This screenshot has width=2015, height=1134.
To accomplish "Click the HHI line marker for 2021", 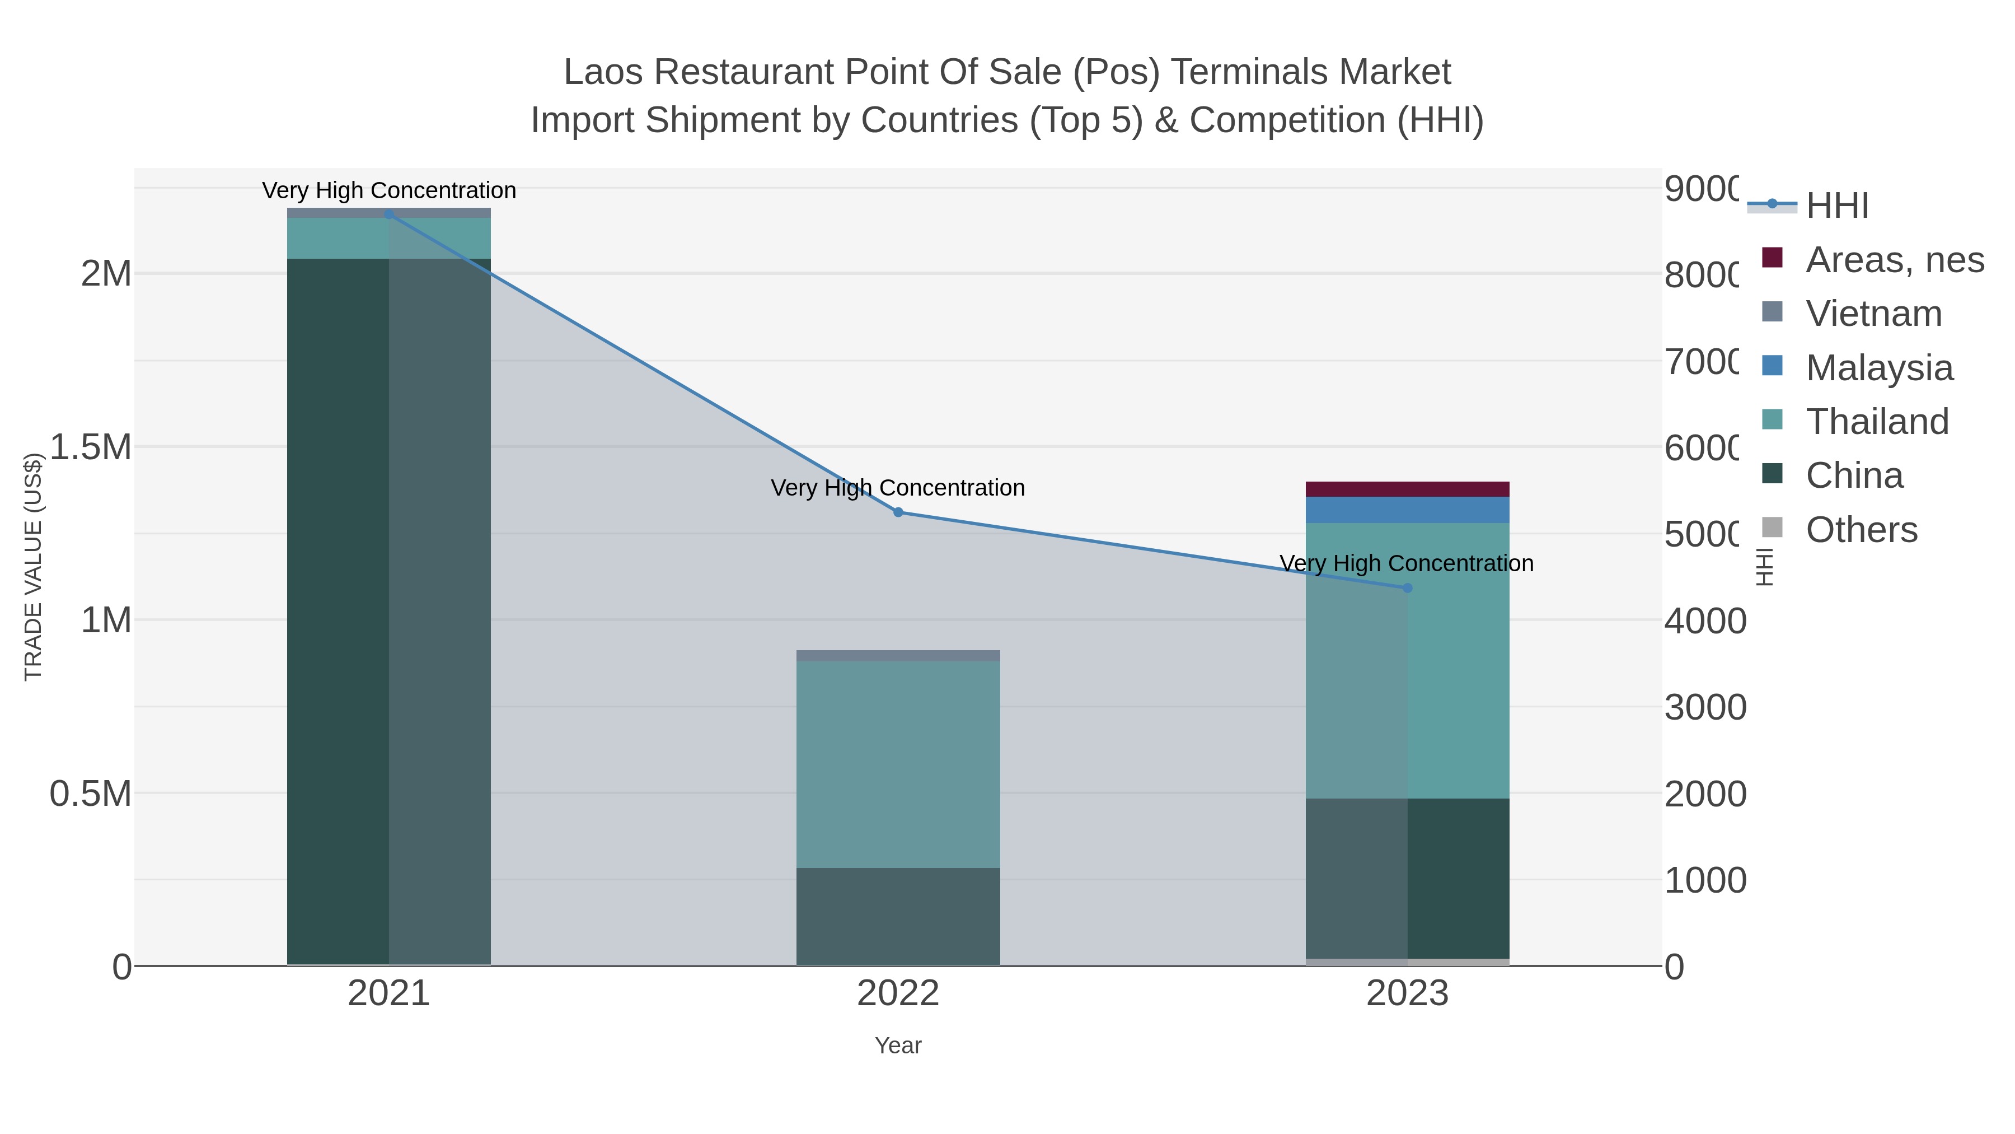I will (389, 214).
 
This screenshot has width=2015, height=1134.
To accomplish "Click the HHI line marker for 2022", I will (898, 512).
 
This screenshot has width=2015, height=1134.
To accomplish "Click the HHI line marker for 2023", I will (1407, 588).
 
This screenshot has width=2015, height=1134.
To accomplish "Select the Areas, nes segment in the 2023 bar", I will (1407, 489).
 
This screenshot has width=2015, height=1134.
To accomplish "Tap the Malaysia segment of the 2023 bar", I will (1407, 510).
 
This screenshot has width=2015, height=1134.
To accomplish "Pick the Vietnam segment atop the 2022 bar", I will (898, 656).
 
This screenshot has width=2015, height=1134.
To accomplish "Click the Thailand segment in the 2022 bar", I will (898, 764).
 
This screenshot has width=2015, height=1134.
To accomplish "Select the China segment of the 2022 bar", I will (898, 916).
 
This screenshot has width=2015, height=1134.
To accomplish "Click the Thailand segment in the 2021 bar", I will (389, 238).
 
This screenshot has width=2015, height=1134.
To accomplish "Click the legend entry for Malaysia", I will (1879, 367).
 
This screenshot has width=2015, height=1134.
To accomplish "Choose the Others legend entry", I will (1861, 530).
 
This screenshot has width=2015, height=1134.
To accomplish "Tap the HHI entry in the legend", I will (1836, 205).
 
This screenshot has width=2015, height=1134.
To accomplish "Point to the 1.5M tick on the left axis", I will (90, 447).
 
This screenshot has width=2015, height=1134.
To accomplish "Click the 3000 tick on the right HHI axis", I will (1704, 707).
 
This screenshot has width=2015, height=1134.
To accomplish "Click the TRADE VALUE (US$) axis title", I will (33, 567).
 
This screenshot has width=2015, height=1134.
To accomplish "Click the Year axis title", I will (898, 1046).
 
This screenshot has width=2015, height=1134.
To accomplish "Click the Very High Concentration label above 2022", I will (898, 488).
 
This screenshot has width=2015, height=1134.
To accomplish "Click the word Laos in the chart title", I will (603, 72).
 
